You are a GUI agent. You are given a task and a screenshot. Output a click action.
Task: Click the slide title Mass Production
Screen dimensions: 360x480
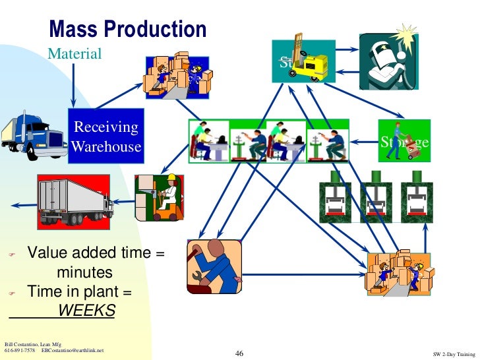[x=128, y=29]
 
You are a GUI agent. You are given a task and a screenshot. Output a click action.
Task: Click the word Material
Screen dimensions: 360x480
[x=74, y=53]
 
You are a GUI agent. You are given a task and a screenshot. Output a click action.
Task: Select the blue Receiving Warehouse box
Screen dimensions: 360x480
[x=106, y=136]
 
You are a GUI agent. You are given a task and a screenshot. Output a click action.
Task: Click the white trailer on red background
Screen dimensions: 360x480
[x=74, y=199]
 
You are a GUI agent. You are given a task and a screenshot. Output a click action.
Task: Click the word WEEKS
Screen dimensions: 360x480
[x=86, y=310]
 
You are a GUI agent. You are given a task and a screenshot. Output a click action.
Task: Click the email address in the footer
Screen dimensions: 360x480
[x=73, y=350]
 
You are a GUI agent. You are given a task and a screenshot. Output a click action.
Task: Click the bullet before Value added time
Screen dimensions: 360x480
[x=10, y=254]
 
